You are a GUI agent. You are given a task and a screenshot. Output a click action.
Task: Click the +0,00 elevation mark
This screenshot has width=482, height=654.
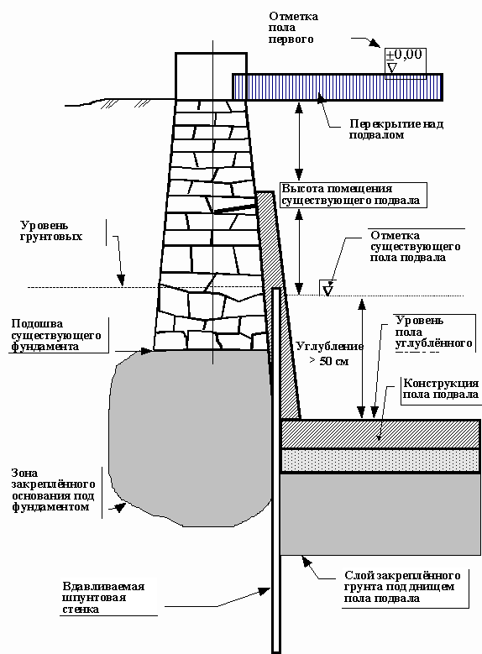point(404,55)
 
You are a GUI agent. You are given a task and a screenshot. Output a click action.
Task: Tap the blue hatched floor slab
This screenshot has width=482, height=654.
point(338,87)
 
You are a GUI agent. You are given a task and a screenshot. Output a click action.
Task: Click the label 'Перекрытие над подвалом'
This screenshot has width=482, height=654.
point(396,129)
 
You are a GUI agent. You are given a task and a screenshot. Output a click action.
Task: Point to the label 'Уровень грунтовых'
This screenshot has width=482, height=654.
point(51,231)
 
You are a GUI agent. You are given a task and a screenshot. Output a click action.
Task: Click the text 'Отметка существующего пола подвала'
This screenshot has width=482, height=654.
point(415,247)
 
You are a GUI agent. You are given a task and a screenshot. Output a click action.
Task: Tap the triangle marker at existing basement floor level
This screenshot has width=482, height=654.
point(328,289)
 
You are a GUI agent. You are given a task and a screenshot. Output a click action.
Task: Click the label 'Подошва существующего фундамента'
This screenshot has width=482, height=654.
point(56,335)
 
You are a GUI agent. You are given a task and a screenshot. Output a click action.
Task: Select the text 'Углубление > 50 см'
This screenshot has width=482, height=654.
point(330,353)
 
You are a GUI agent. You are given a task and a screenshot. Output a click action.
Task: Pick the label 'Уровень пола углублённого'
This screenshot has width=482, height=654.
point(433,332)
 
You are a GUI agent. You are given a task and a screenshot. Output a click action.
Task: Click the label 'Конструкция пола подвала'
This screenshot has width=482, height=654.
point(441,389)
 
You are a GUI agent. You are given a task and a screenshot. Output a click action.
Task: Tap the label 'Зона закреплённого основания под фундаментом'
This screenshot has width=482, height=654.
point(53,490)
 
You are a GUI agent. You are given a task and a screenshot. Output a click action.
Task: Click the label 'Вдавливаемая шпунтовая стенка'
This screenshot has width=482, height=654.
point(103,598)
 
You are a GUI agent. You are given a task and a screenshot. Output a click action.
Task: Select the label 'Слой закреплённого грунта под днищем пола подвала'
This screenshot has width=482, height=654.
point(402,587)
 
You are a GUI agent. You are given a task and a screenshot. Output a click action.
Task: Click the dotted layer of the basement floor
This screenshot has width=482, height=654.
point(380,460)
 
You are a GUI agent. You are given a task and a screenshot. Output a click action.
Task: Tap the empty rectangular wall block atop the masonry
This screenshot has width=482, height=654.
point(211,76)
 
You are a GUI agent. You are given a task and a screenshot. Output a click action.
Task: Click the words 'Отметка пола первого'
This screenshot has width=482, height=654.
point(293,28)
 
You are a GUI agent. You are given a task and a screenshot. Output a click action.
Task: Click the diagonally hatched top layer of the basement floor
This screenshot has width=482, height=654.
point(380,434)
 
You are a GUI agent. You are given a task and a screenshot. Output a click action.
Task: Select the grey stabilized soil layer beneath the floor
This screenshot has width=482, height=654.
point(380,514)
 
